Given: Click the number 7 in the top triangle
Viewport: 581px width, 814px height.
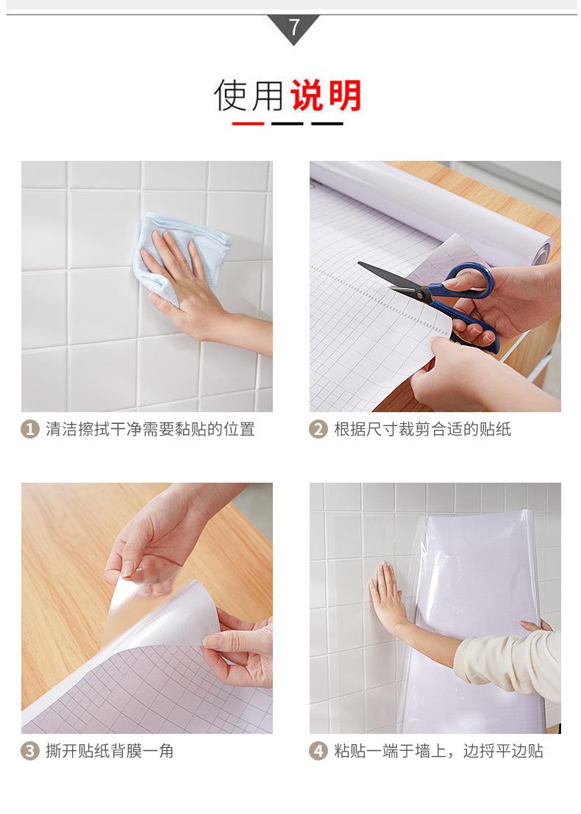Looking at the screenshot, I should [293, 28].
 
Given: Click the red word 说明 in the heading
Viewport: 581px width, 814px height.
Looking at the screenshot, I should [326, 96].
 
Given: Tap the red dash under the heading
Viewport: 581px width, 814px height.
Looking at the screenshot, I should [248, 123].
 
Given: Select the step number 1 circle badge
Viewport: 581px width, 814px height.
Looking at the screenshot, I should [29, 430].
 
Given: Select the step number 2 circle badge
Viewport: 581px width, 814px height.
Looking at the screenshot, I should [318, 430].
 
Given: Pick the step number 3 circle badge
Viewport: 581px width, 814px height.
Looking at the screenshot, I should [29, 752].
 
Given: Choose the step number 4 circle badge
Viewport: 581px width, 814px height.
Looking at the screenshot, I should [318, 752].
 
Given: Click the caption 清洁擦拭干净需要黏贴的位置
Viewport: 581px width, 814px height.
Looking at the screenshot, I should [150, 430].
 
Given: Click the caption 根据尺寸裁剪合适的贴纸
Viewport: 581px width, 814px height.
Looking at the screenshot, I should [422, 430].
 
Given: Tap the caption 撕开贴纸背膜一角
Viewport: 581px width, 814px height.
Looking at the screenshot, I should [110, 752].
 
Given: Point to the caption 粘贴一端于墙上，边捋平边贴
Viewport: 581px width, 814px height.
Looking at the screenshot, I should [438, 752].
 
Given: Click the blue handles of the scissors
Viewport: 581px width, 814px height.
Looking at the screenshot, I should [471, 294].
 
